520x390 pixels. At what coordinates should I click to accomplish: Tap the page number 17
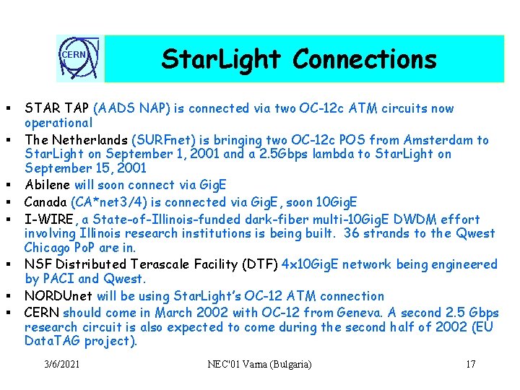coord(470,364)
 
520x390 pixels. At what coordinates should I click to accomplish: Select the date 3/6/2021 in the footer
coord(63,364)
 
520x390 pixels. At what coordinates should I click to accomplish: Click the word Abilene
coord(48,186)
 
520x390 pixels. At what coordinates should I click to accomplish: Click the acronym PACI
coord(58,279)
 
